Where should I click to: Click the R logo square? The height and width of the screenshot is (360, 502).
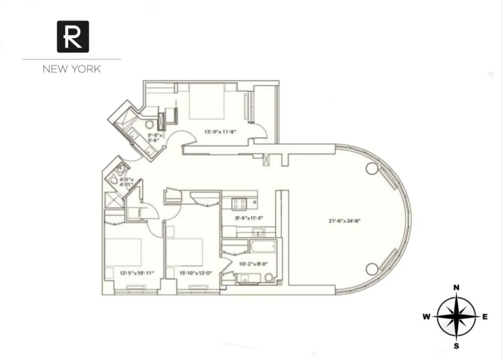point(73,36)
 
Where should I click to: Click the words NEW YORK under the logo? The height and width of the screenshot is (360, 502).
point(72,69)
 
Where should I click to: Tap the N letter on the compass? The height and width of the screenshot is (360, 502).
point(457,287)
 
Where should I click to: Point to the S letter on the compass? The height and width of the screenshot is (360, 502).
point(457,346)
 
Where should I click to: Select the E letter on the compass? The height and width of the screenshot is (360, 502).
point(485,317)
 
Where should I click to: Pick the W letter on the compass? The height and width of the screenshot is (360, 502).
point(426,317)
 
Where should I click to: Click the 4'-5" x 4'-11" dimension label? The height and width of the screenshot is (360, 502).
point(126,182)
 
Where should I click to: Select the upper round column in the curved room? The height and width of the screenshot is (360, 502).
point(372,168)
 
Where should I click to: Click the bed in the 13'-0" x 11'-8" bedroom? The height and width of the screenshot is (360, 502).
point(207,102)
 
